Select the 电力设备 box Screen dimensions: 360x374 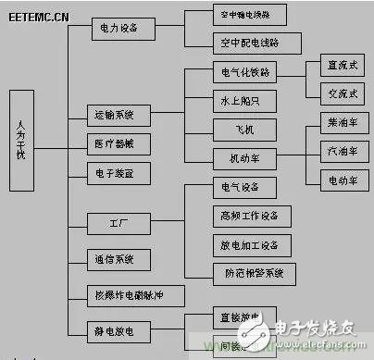point(118,29)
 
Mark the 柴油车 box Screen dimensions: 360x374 point(335,121)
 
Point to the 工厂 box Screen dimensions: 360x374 point(115,223)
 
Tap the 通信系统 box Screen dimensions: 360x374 point(115,258)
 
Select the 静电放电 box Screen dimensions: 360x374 point(115,329)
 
